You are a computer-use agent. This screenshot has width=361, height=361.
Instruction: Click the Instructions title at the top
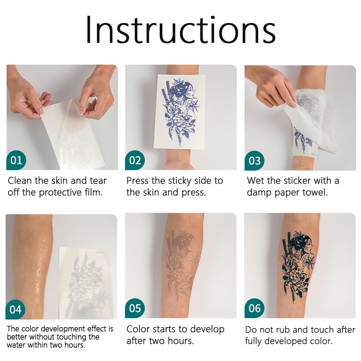180,29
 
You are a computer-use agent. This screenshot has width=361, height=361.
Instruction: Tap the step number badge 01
16,160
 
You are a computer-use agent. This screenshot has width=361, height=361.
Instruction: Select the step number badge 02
135,160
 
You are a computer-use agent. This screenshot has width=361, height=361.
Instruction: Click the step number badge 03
255,161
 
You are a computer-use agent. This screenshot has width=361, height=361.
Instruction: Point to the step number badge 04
15,310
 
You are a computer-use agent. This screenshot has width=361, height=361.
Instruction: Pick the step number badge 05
135,308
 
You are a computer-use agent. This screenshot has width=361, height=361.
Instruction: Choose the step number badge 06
255,308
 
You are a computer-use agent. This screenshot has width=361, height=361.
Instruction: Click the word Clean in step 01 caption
20,181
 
